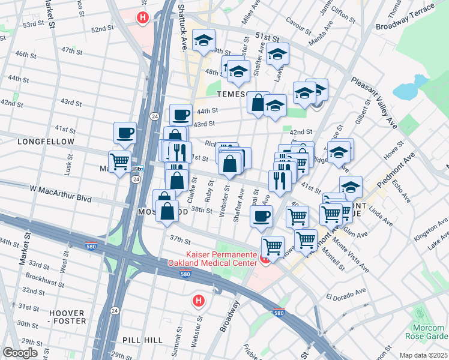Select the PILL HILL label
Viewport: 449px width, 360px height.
tap(142, 340)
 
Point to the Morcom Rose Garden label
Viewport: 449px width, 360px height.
tap(429, 332)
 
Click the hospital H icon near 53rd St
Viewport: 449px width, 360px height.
tap(142, 18)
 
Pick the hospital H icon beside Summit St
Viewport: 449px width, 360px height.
tap(198, 300)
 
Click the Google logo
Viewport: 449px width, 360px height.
tap(20, 353)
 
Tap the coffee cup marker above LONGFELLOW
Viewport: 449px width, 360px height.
tap(125, 133)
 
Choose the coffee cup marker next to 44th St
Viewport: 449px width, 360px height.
tap(181, 114)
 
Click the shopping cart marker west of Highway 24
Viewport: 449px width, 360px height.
tap(119, 161)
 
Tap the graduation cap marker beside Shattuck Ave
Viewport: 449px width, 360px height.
tap(204, 40)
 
